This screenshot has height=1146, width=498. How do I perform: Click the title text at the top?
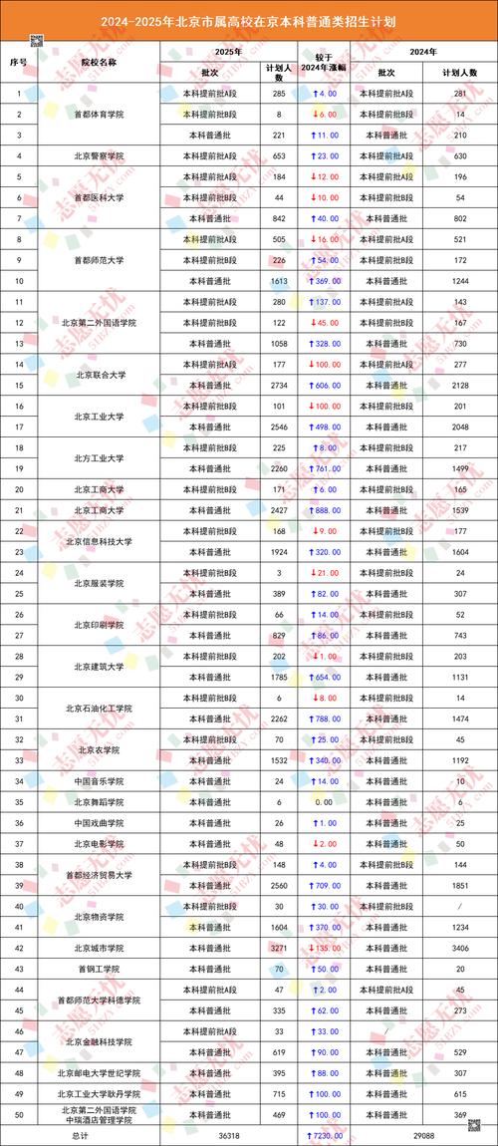click(249, 19)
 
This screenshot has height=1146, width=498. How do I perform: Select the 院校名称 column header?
click(99, 61)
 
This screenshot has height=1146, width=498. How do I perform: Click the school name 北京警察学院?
click(99, 155)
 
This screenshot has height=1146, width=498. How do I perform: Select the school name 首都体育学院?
click(99, 114)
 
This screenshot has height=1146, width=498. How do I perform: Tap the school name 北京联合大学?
click(99, 375)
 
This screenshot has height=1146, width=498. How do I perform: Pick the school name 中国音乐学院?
click(99, 781)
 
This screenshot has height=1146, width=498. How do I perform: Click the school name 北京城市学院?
click(99, 948)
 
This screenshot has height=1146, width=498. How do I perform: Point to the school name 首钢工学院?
click(99, 969)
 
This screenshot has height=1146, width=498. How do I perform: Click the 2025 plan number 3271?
click(279, 948)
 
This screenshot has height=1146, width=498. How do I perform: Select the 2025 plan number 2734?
click(279, 385)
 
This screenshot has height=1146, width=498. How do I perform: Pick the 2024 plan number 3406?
click(460, 948)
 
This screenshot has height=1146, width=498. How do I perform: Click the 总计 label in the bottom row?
click(81, 1135)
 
